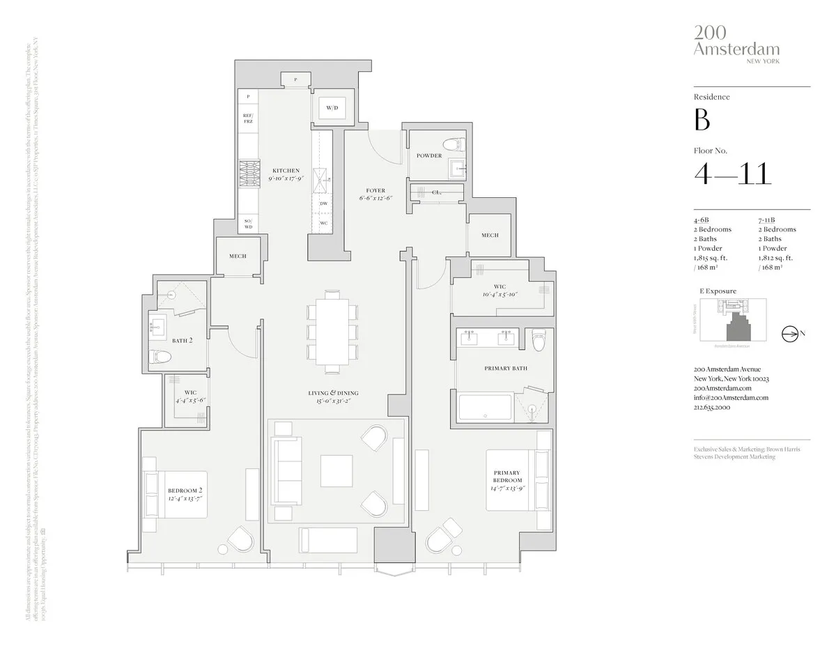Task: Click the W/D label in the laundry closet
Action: tap(332, 109)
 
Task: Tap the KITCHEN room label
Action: tap(286, 171)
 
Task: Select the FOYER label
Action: tap(376, 190)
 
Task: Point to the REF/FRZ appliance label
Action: tap(247, 118)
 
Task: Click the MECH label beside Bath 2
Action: tap(238, 256)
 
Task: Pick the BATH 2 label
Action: tap(183, 341)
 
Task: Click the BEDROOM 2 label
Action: tap(185, 491)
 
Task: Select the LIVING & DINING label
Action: tap(332, 394)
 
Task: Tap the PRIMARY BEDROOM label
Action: tap(507, 477)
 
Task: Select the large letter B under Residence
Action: tap(702, 120)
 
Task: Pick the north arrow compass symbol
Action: tap(791, 334)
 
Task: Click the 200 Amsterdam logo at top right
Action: tap(736, 44)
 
